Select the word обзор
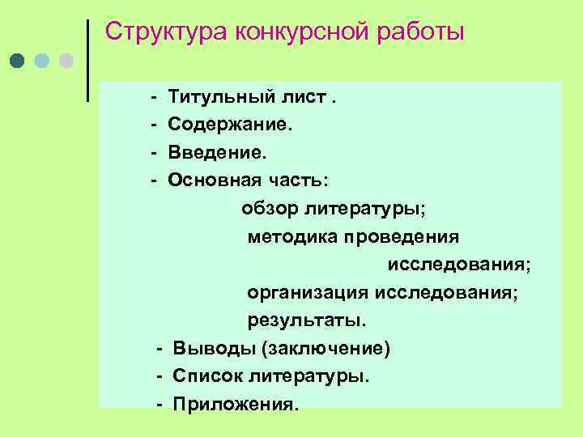(x=270, y=210)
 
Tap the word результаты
(x=307, y=320)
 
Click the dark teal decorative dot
(x=18, y=62)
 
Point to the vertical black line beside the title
(x=87, y=61)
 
